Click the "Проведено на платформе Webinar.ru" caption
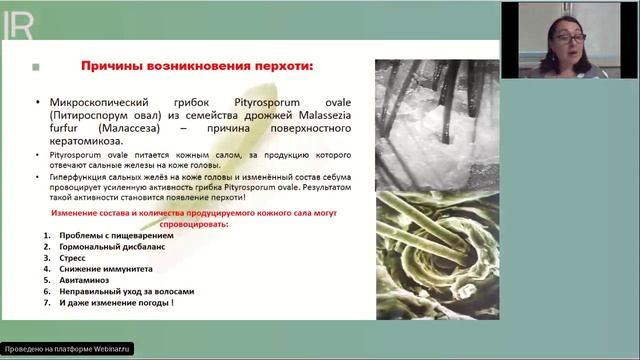click(x=67, y=350)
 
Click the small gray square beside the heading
click(x=36, y=68)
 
